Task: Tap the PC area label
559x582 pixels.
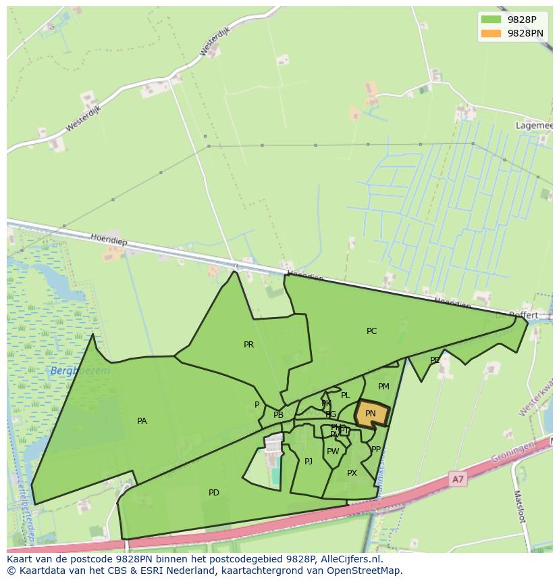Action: click(x=371, y=331)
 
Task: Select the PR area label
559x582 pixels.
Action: click(x=248, y=345)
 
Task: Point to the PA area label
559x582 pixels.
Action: click(x=142, y=421)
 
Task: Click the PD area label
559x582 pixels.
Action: click(x=214, y=493)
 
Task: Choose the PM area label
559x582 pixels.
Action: click(x=383, y=387)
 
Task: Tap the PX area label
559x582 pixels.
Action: click(x=352, y=473)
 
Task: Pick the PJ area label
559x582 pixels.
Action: click(x=309, y=462)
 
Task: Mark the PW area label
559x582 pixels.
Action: click(x=333, y=452)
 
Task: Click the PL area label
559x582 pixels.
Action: click(x=346, y=395)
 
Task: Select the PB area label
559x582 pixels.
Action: click(x=278, y=415)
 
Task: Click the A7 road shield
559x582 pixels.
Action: click(x=458, y=479)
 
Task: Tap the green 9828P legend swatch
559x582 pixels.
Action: click(x=491, y=20)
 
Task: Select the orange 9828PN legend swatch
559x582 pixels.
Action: click(x=491, y=33)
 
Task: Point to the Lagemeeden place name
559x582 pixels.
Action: click(x=533, y=126)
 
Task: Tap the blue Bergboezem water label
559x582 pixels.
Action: click(x=80, y=371)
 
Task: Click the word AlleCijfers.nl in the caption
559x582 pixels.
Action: click(x=349, y=559)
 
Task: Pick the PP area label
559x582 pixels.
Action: click(x=376, y=449)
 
